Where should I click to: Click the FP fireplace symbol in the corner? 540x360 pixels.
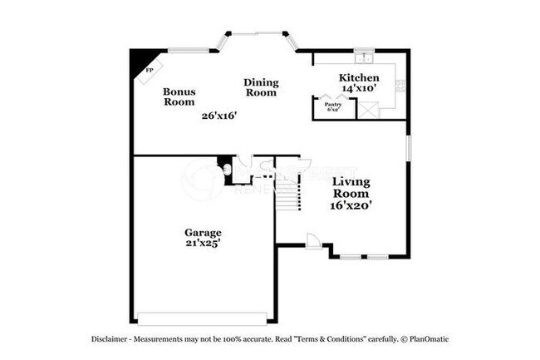click(x=149, y=70)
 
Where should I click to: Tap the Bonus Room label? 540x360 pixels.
click(x=179, y=96)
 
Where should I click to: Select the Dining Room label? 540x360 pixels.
click(x=261, y=87)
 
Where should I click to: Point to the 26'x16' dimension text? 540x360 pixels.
click(x=219, y=116)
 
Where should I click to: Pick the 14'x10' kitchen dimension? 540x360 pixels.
click(x=359, y=87)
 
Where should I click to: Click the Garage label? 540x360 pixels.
click(x=203, y=232)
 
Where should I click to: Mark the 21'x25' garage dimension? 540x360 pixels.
click(x=203, y=244)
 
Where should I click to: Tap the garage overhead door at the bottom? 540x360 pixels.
click(x=203, y=318)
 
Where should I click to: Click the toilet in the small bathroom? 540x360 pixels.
click(x=228, y=170)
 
